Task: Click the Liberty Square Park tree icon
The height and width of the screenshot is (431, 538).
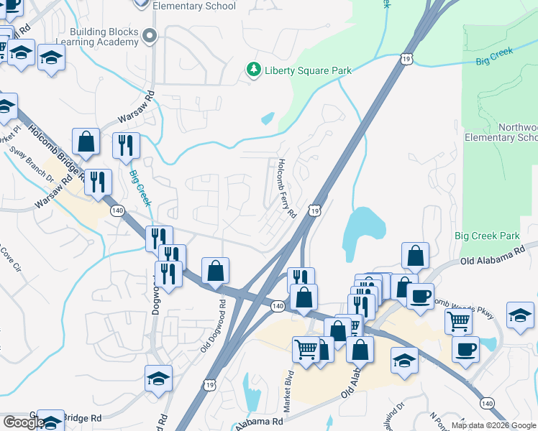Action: tap(252, 70)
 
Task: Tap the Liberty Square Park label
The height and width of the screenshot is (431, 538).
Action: tap(309, 70)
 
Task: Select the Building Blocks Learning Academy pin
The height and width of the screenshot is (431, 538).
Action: tap(150, 35)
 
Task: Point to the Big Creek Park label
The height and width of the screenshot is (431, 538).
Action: tap(487, 236)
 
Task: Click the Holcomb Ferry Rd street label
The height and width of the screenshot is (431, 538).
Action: tap(286, 188)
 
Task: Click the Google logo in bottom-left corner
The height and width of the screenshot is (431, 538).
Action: tap(23, 422)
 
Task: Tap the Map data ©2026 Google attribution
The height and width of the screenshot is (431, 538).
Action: tap(494, 425)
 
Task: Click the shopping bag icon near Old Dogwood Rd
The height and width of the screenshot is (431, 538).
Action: tap(215, 271)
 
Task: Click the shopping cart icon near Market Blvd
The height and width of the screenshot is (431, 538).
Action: tap(306, 349)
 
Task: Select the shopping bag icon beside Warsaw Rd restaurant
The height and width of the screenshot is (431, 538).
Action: tap(86, 141)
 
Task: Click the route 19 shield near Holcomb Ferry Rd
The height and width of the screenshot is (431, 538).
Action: tap(314, 210)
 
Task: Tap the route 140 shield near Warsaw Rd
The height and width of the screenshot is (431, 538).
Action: tap(117, 210)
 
